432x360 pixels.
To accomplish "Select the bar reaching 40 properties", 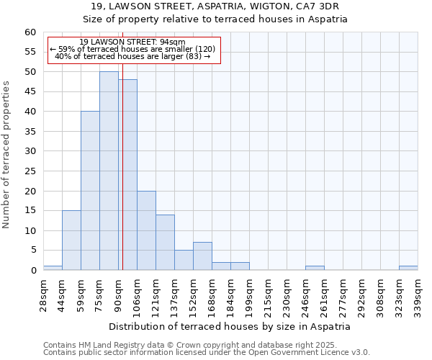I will pyautogui.click(x=90, y=191).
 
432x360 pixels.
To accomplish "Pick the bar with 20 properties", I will pyautogui.click(x=146, y=230).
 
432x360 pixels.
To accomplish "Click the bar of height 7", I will pyautogui.click(x=202, y=256).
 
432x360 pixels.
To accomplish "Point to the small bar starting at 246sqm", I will pyautogui.click(x=315, y=268).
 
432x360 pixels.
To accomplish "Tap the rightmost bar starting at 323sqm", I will pyautogui.click(x=408, y=268).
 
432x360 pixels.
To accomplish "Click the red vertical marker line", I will pyautogui.click(x=122, y=216).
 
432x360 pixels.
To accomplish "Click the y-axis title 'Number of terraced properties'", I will pyautogui.click(x=7, y=155).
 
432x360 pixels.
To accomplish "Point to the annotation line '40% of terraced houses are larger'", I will pyautogui.click(x=132, y=56).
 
